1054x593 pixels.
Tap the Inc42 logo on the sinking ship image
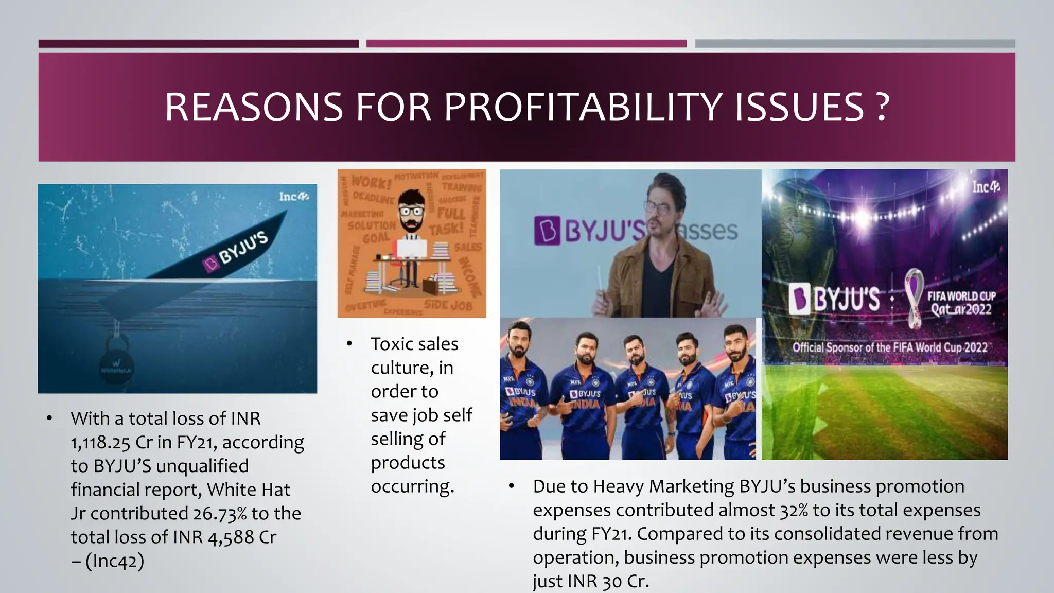(x=293, y=197)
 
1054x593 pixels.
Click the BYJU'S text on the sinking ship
(x=243, y=248)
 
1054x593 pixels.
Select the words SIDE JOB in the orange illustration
(x=448, y=305)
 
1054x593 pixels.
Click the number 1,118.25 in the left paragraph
(x=100, y=442)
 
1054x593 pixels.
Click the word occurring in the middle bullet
(x=412, y=486)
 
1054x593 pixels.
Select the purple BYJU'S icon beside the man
(x=547, y=231)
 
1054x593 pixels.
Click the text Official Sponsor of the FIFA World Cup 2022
(x=889, y=347)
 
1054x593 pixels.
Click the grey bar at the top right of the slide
(x=855, y=44)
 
